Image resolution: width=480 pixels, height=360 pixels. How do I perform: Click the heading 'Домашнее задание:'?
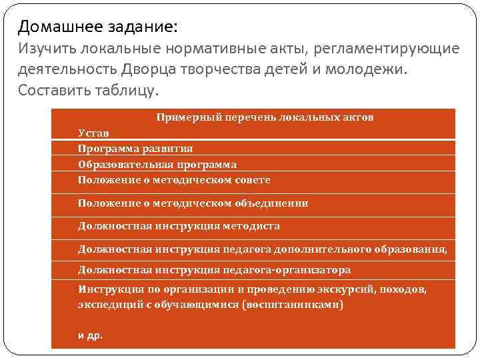point(98,27)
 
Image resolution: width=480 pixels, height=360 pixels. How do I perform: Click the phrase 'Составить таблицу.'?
point(89,90)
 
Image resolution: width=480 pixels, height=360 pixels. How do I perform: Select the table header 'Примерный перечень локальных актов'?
point(265,117)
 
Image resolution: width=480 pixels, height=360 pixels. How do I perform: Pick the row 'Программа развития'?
point(135,149)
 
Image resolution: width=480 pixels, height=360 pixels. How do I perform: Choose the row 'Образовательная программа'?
point(157,164)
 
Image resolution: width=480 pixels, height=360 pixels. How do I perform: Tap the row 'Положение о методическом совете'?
point(174,180)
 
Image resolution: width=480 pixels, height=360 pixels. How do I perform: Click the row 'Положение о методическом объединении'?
point(193,203)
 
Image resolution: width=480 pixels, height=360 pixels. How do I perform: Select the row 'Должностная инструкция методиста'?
point(179,226)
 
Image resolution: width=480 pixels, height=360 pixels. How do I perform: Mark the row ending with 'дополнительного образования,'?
point(262,249)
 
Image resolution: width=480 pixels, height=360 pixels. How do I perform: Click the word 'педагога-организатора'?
point(294,270)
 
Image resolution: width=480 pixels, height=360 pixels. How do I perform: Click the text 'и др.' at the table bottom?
point(91,335)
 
